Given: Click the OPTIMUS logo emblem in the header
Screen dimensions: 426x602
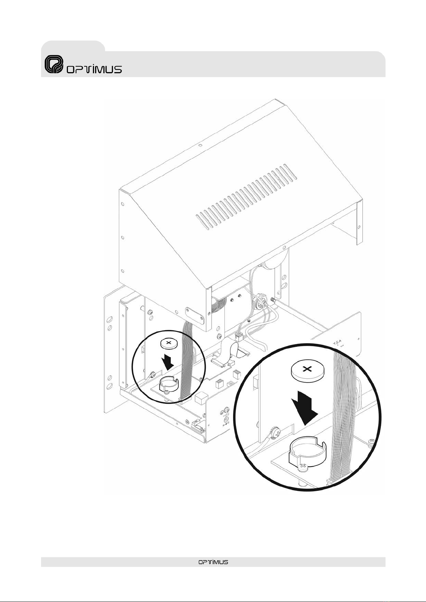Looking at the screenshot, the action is click(54, 65).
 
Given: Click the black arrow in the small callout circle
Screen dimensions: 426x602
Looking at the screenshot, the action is click(168, 362).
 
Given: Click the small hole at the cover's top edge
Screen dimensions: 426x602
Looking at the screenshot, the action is click(200, 146).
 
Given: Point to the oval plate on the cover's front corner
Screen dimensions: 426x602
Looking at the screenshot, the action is click(195, 317).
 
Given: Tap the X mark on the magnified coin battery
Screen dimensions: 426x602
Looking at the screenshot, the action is click(306, 369).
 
